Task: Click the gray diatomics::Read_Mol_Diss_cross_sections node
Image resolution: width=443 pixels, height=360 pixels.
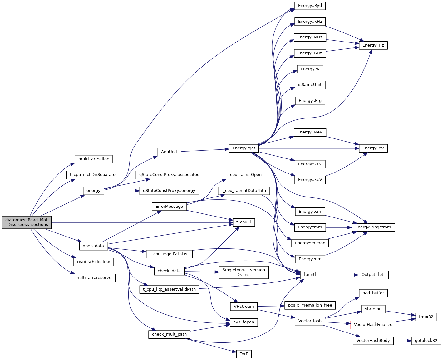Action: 27,222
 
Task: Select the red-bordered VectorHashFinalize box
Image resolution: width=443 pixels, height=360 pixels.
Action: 373,325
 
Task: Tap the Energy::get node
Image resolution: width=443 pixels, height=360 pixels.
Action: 244,148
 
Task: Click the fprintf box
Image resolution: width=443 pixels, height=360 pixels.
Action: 310,275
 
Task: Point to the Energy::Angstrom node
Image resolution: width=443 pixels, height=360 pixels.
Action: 373,227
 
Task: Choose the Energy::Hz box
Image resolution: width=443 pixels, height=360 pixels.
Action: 373,45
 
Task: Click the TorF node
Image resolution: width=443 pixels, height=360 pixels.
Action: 244,354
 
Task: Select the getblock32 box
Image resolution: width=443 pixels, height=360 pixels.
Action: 426,341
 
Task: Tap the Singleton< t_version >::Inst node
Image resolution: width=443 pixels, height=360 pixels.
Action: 244,272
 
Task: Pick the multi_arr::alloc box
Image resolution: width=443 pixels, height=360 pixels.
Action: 93,159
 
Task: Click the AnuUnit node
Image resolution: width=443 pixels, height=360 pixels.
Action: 169,152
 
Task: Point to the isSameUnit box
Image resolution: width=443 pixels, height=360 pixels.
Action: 310,85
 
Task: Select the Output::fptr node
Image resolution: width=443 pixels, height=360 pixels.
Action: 373,275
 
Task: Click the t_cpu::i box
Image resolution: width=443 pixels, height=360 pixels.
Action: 244,222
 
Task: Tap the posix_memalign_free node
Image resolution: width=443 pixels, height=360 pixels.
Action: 310,305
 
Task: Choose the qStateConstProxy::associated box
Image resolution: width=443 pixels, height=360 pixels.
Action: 169,175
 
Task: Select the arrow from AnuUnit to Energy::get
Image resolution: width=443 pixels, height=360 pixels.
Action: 205,150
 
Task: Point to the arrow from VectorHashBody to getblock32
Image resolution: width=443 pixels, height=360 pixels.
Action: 402,341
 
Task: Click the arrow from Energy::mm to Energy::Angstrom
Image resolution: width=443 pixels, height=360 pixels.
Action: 339,227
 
